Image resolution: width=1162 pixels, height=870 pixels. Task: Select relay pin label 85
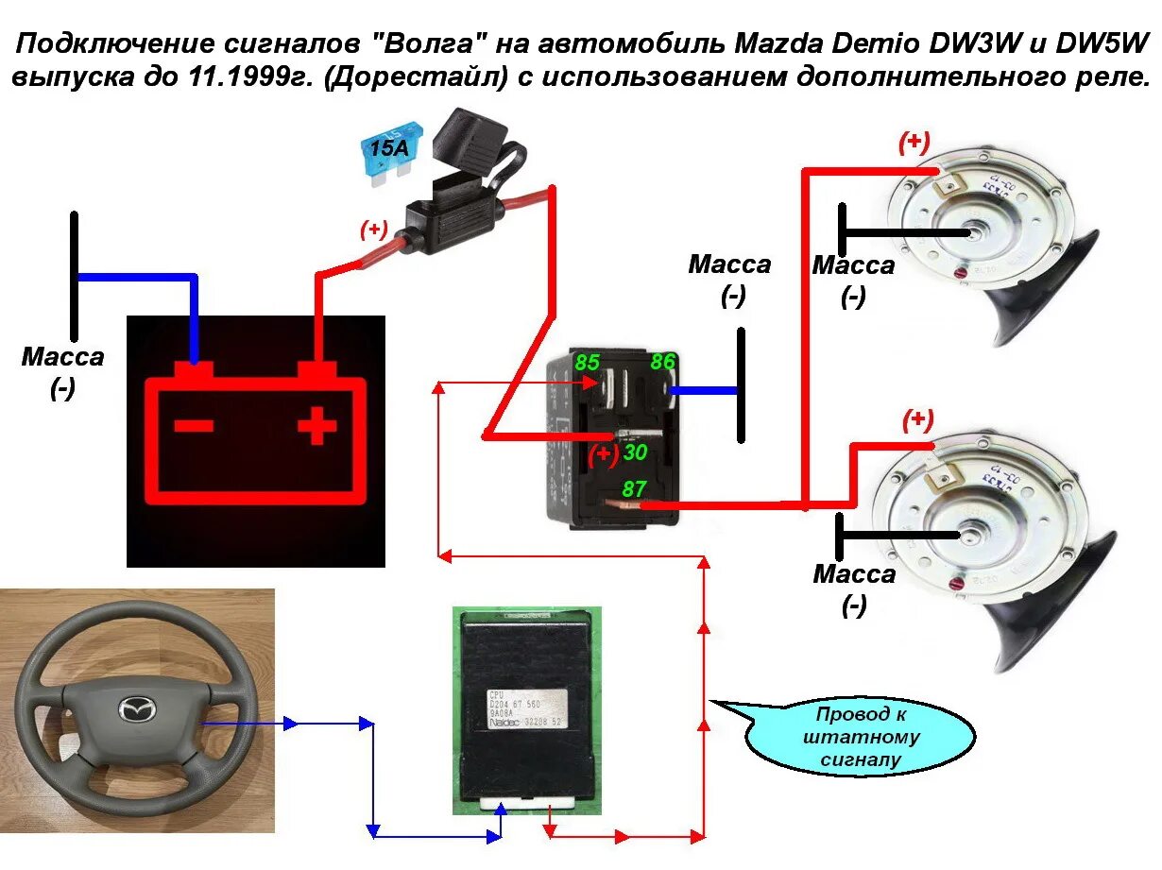pyautogui.click(x=587, y=362)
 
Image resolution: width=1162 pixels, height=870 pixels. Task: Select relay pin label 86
pyautogui.click(x=663, y=361)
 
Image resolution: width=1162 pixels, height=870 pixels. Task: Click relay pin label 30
pyautogui.click(x=635, y=452)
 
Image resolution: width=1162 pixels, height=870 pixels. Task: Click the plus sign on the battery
pyautogui.click(x=317, y=427)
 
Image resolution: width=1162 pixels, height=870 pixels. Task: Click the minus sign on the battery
pyautogui.click(x=194, y=427)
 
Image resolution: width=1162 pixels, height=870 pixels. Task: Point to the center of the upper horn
pyautogui.click(x=973, y=232)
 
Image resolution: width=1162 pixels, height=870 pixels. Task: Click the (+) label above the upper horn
pyautogui.click(x=914, y=143)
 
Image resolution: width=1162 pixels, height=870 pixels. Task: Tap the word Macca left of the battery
pyautogui.click(x=63, y=358)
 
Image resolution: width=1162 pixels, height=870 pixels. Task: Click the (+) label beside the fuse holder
pyautogui.click(x=374, y=229)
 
